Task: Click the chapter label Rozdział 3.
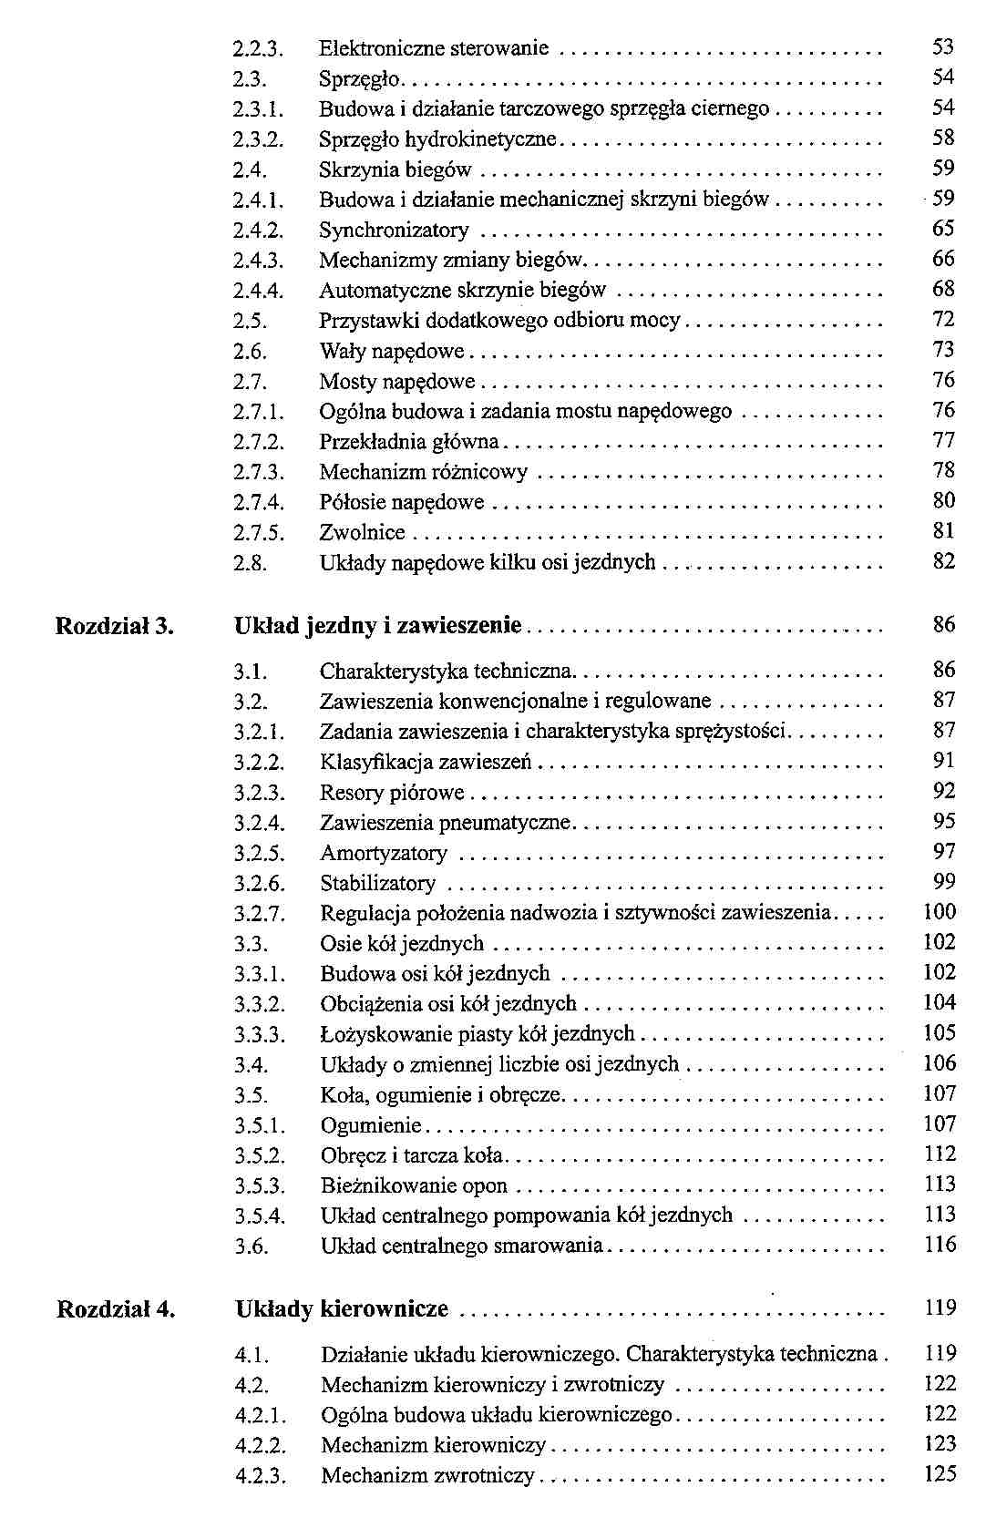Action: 115,627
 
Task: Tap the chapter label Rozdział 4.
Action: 116,1310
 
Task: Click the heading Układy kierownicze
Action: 342,1310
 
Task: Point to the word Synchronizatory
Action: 394,230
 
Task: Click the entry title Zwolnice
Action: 362,533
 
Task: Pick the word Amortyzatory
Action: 384,854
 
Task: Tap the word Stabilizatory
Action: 377,884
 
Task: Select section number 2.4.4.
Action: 259,291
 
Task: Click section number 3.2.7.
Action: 260,914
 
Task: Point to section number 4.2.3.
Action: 261,1476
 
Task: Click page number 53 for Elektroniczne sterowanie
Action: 943,47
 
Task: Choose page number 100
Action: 940,912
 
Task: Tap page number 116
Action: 940,1245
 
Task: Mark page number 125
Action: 940,1474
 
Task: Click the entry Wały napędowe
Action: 391,352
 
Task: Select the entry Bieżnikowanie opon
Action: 414,1186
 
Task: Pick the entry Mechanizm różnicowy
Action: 423,472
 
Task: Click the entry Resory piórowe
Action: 392,793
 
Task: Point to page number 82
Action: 943,562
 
